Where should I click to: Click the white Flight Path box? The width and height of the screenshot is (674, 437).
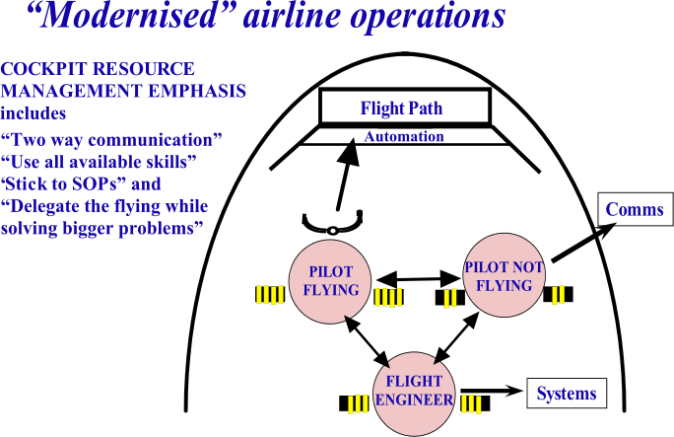pos(404,107)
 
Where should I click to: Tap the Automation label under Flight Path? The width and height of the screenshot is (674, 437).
pos(403,137)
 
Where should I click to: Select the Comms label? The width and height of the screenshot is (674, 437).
pos(634,210)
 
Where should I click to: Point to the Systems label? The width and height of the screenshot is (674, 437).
pos(566,394)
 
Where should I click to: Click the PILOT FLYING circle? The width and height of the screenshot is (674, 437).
pos(327,282)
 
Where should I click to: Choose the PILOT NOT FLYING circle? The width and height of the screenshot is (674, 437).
pos(504,276)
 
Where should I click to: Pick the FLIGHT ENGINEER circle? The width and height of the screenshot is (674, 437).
pos(414,392)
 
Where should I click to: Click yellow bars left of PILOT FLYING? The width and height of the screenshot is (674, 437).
pos(269,294)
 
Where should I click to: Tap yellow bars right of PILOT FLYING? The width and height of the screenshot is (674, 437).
pos(387,297)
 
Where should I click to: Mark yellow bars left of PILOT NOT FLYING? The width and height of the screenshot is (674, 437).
pos(449,298)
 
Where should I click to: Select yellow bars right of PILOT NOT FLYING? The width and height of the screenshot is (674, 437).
pos(558,294)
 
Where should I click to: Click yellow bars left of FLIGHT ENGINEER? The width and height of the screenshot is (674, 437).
pos(358,404)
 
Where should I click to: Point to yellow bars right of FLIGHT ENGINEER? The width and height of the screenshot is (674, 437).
pos(471,403)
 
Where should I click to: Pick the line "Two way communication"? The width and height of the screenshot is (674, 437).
pos(111,139)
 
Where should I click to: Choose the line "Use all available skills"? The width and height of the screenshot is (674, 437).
pos(99,161)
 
